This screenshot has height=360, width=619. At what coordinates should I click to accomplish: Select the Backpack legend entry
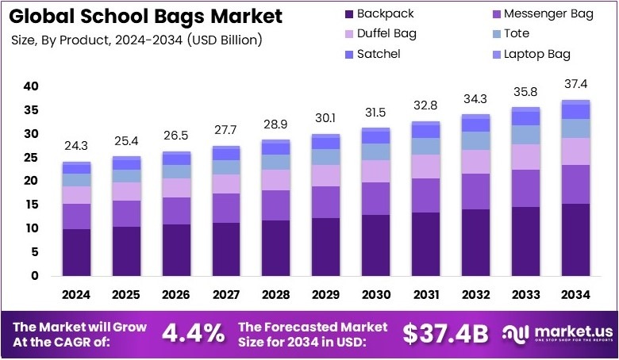tap(379, 13)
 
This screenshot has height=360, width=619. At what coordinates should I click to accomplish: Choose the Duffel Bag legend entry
tap(386, 34)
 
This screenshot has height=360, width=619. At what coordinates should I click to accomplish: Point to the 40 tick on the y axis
tap(31, 86)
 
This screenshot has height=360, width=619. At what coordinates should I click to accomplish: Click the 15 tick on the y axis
tap(31, 205)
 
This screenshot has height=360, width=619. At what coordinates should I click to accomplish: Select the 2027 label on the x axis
tap(225, 295)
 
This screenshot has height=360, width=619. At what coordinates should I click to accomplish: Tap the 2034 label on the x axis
tap(575, 295)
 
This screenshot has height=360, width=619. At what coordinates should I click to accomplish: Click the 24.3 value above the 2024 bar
tap(77, 147)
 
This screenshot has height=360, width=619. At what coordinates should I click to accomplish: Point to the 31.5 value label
tap(375, 112)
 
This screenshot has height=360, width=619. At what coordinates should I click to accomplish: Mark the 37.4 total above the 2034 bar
tap(575, 84)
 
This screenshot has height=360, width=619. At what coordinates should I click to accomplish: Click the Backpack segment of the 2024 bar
tap(77, 252)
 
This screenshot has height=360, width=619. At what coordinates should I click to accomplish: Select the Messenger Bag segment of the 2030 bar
tap(375, 198)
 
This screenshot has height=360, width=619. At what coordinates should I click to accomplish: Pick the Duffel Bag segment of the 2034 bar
tap(575, 151)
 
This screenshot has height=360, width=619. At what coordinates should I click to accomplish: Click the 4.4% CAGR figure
tap(193, 333)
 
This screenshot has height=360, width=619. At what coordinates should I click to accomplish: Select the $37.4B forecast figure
tap(445, 334)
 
